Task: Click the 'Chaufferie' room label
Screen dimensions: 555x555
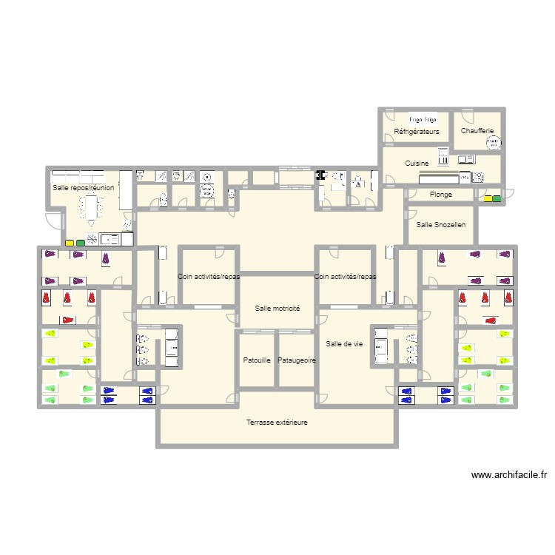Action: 477,131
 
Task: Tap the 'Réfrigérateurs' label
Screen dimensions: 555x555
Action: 417,132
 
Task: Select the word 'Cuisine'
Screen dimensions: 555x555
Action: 417,163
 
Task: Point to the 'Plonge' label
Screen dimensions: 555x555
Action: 440,195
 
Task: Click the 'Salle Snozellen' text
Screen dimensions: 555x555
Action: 441,224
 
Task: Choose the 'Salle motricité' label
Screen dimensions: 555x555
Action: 277,308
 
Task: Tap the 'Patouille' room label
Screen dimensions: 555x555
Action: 257,360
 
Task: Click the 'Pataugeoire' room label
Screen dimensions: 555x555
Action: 297,360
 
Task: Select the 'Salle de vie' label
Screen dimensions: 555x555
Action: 344,343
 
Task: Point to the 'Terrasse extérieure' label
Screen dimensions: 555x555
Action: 277,423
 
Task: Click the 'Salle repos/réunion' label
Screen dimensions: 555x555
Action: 83,188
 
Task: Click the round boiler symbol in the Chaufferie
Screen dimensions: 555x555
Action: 494,143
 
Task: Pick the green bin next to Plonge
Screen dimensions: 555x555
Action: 497,198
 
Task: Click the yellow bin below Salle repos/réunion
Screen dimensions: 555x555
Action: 70,243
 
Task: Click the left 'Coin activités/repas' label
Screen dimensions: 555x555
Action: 209,277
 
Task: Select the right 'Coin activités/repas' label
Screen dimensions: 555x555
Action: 345,277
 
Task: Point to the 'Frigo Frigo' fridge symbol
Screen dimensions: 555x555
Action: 423,118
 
